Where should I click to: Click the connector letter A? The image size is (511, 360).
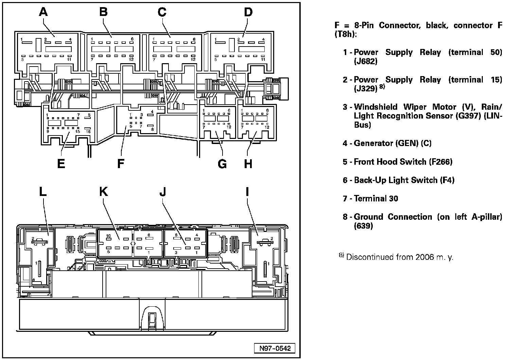tap(43, 12)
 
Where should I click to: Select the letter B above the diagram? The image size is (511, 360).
tap(103, 12)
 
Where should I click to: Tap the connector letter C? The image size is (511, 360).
tap(162, 12)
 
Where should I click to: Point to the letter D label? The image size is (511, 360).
tap(248, 12)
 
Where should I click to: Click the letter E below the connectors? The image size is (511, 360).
tap(61, 164)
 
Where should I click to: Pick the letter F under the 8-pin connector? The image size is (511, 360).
tap(121, 164)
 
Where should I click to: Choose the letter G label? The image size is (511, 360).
tap(222, 164)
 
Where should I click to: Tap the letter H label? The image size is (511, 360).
tap(248, 164)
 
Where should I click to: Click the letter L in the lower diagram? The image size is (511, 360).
tap(42, 192)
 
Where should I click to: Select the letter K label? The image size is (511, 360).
tap(103, 192)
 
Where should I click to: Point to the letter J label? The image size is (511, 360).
tap(163, 192)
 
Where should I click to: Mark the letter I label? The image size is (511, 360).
tap(247, 192)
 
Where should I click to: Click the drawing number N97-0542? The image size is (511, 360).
tap(275, 348)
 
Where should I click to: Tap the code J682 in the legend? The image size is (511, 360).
tap(366, 61)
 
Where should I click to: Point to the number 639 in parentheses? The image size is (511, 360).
tap(363, 226)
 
